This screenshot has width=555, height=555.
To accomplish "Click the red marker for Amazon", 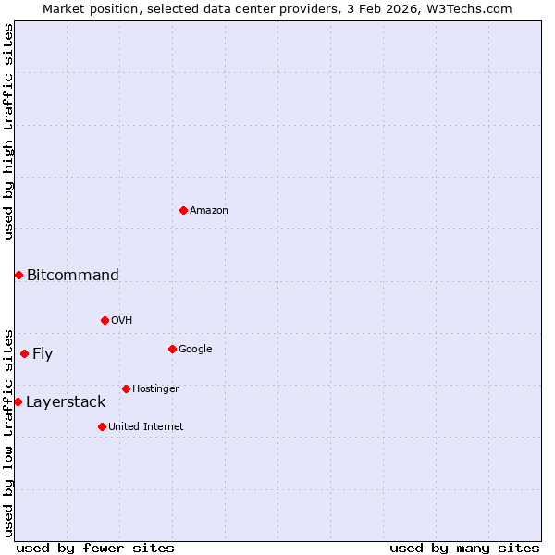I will click(x=183, y=211).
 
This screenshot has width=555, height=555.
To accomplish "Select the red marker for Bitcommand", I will click(x=18, y=275).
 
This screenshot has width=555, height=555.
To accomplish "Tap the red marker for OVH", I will click(x=105, y=321).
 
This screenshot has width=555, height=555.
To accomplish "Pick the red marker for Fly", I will click(x=24, y=353).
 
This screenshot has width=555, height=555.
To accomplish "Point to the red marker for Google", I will click(x=172, y=349).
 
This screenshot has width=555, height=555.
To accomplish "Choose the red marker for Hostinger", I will click(x=126, y=388).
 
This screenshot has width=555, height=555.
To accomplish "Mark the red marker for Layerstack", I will click(x=18, y=401).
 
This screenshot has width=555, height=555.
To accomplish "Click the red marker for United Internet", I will click(x=102, y=426).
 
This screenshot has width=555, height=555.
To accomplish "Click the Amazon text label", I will click(x=209, y=211).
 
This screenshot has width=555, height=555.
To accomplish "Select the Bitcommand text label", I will click(x=73, y=275).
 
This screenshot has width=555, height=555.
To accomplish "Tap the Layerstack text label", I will click(x=66, y=401).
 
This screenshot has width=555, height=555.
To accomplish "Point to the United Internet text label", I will click(x=146, y=426).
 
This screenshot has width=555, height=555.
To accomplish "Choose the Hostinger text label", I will click(x=155, y=388).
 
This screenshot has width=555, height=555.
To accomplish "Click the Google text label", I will click(x=195, y=349).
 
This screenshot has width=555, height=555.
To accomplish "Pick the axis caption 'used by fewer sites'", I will click(x=95, y=548).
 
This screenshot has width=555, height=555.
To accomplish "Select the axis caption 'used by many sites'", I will click(x=464, y=548).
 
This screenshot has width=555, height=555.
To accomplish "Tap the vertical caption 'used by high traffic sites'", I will click(x=8, y=131).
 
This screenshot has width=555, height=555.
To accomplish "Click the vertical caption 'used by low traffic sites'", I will click(x=8, y=432).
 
